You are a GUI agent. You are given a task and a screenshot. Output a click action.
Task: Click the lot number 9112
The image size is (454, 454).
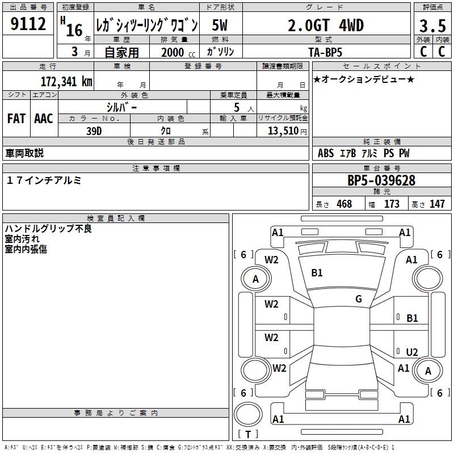tap(28, 24)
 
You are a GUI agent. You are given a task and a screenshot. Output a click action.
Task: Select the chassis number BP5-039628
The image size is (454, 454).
tap(381, 180)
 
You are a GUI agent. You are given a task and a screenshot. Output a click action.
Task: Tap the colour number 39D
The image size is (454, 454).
tap(94, 131)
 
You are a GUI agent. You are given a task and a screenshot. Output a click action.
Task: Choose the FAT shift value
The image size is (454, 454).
tap(16, 119)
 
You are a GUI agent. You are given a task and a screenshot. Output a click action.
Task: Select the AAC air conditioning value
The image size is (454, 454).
tap(44, 119)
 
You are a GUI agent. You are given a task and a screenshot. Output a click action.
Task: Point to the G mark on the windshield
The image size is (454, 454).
tap(359, 299)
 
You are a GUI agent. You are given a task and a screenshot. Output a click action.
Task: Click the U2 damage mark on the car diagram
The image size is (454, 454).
tap(412, 352)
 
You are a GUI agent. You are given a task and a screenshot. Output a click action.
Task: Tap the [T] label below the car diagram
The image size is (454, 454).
tap(247, 434)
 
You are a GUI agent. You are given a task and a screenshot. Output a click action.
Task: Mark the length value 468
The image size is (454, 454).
tap(344, 204)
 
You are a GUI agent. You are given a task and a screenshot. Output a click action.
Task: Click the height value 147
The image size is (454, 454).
tap(437, 204)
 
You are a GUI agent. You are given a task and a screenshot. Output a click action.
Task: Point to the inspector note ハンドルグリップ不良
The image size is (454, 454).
tap(48, 229)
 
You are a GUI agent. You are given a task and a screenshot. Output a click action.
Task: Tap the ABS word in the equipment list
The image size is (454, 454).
tap(326, 154)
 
